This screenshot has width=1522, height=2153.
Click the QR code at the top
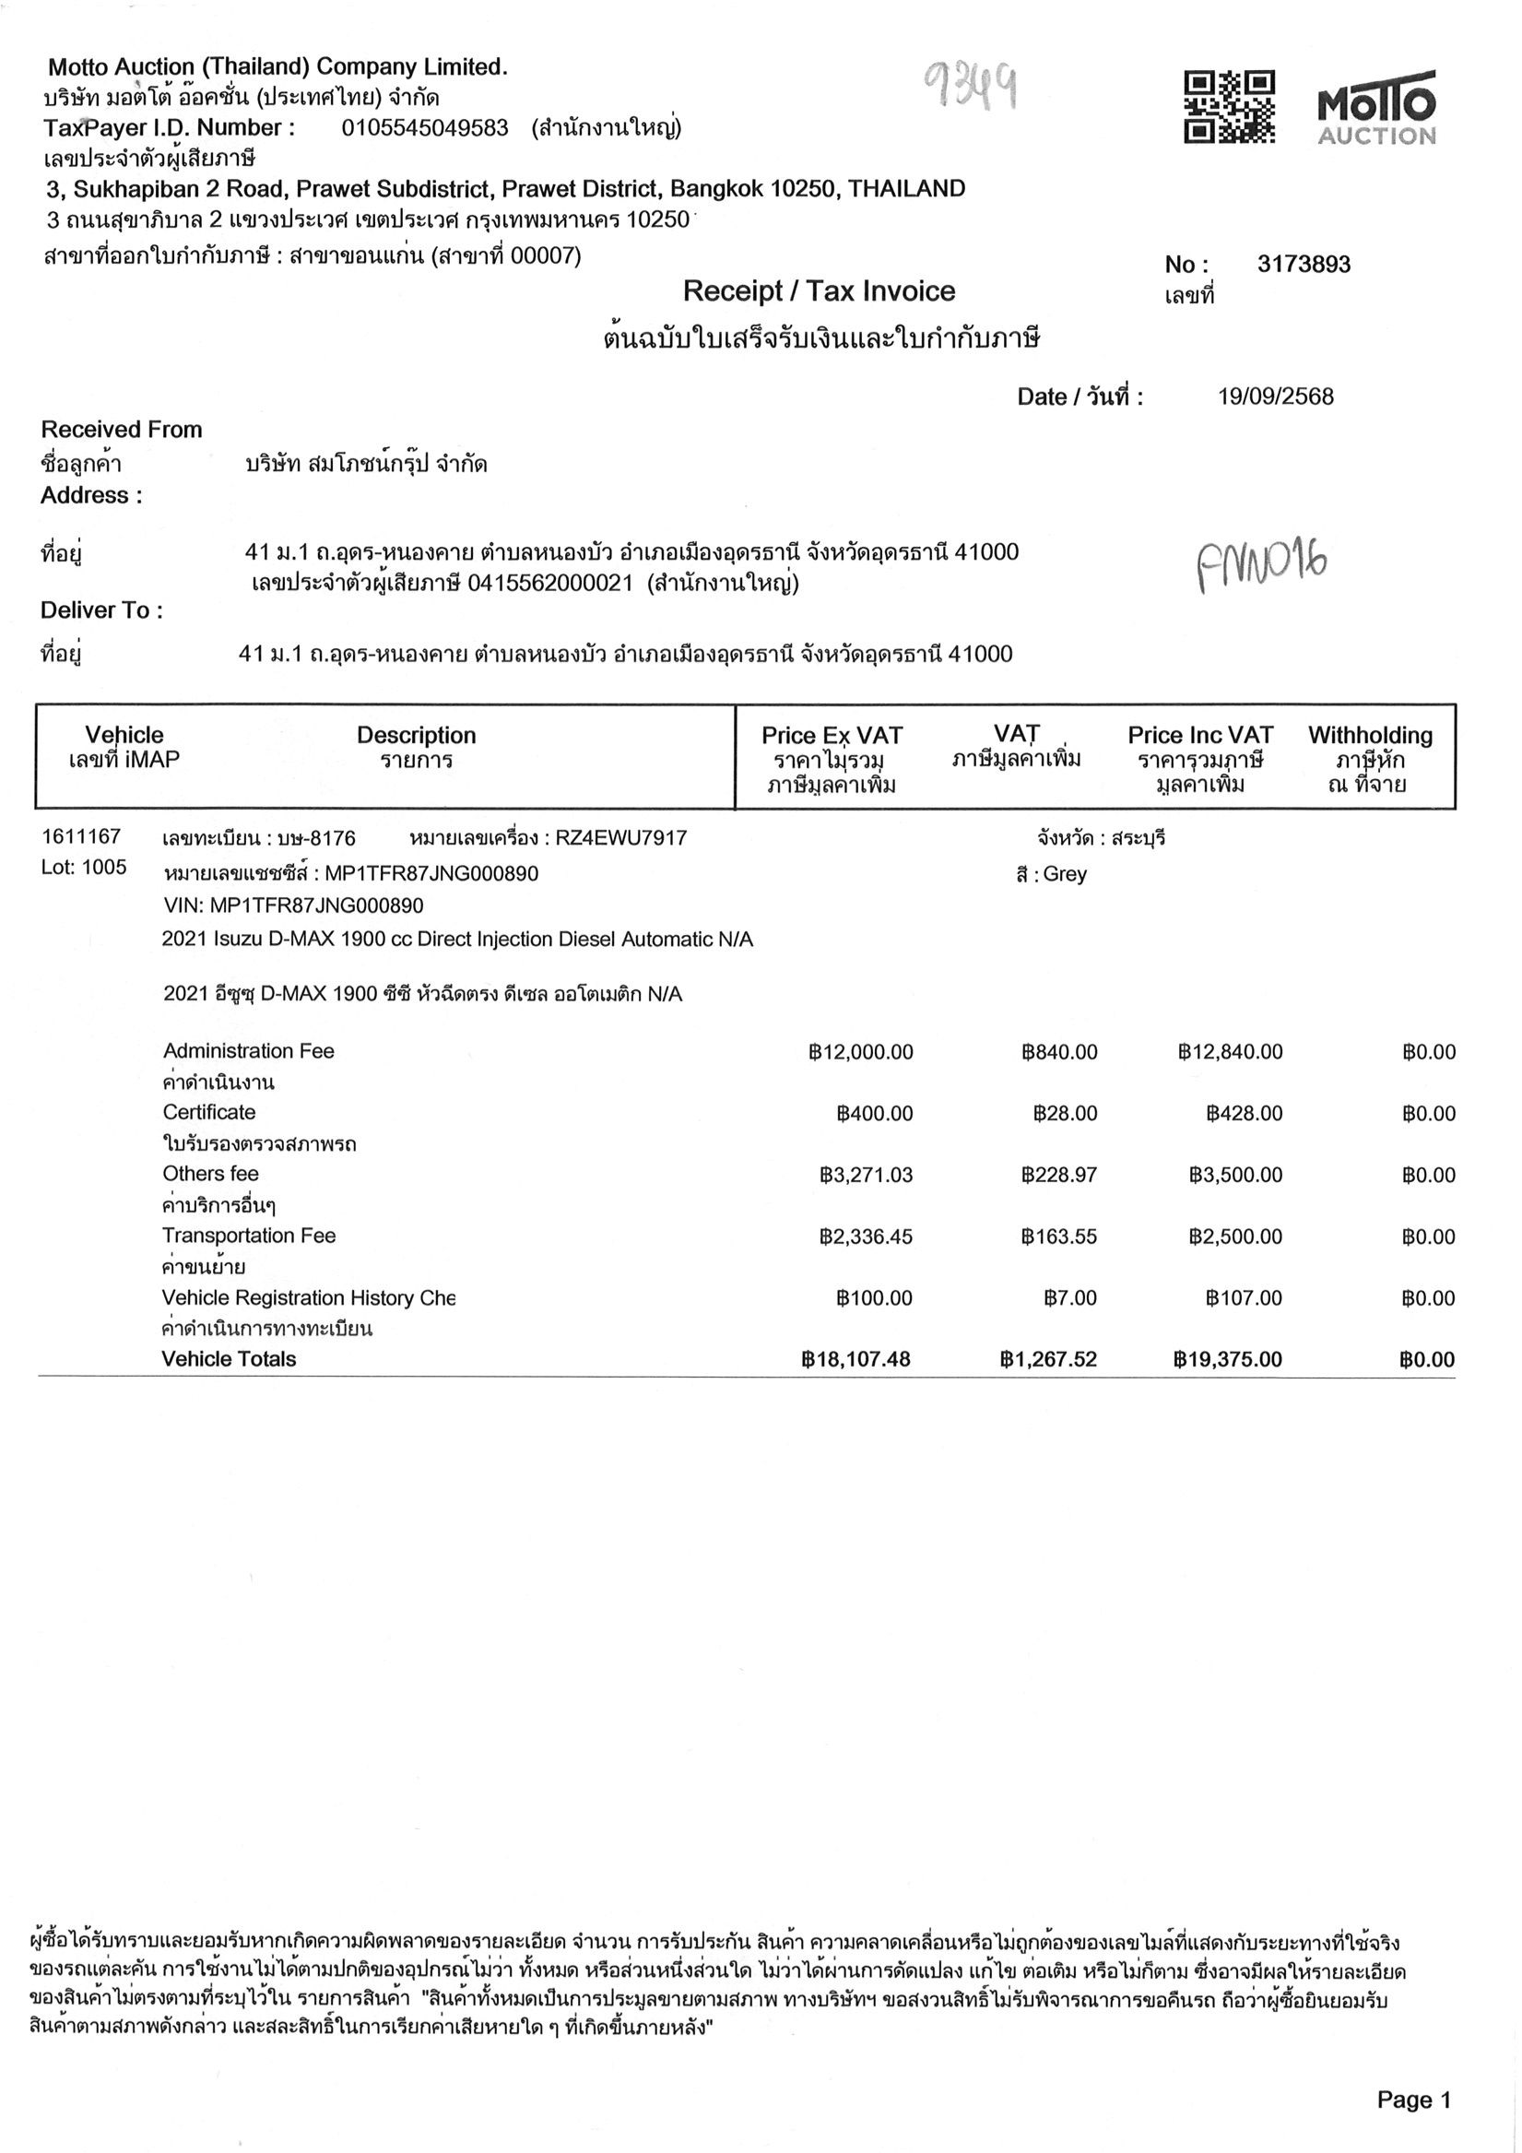pyautogui.click(x=1230, y=107)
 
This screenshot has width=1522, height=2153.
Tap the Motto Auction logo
pyautogui.click(x=1375, y=107)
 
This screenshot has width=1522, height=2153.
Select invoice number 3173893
pyautogui.click(x=1304, y=265)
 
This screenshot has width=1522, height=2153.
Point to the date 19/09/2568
pyautogui.click(x=1274, y=396)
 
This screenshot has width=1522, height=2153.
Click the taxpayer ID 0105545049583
pyautogui.click(x=425, y=128)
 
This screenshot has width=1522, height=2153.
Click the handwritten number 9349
pyautogui.click(x=972, y=87)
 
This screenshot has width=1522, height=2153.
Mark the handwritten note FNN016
pyautogui.click(x=1261, y=565)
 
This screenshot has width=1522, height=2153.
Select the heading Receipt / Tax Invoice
pyautogui.click(x=819, y=291)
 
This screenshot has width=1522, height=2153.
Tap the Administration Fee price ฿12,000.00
pyautogui.click(x=860, y=1052)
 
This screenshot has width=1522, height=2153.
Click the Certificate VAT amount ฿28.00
pyautogui.click(x=1065, y=1114)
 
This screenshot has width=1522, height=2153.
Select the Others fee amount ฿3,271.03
pyautogui.click(x=866, y=1176)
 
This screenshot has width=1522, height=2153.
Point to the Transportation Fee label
pyautogui.click(x=249, y=1236)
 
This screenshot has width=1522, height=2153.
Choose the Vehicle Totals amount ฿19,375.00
pyautogui.click(x=1227, y=1360)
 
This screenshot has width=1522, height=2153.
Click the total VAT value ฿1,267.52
pyautogui.click(x=1047, y=1360)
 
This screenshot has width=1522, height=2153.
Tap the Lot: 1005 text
pyautogui.click(x=84, y=868)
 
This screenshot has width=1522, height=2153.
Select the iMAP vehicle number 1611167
pyautogui.click(x=80, y=836)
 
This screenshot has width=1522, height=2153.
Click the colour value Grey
pyautogui.click(x=1065, y=874)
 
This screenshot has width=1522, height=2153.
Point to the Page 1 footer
pyautogui.click(x=1413, y=2100)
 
